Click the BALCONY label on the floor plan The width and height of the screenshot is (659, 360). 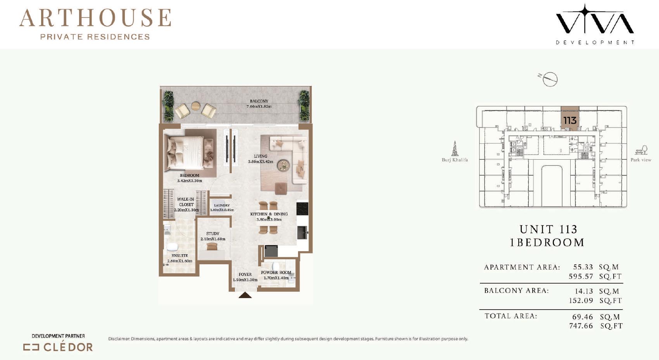pos(259,101)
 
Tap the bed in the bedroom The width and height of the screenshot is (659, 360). pos(185,153)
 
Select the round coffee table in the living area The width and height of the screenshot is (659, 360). pos(283,165)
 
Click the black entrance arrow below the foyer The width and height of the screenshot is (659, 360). pos(245,295)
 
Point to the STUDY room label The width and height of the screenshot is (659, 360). pos(213,234)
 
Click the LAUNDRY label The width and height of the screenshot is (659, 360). pos(222,205)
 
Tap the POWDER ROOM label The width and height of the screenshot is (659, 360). pos(276,272)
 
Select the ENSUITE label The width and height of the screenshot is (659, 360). pos(179,255)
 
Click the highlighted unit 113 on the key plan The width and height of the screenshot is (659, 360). pos(570,118)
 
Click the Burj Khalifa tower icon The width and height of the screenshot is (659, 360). pos(455,148)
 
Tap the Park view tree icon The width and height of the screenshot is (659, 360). pos(641,150)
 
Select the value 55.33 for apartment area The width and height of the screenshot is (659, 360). pos(583,267)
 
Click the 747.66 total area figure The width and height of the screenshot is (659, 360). pos(581,326)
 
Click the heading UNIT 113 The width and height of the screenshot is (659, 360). pos(549,229)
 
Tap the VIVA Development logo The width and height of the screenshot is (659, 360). pos(595,24)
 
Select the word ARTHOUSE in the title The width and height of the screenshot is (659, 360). pos(95,18)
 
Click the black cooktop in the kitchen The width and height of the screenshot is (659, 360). pos(302,209)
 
